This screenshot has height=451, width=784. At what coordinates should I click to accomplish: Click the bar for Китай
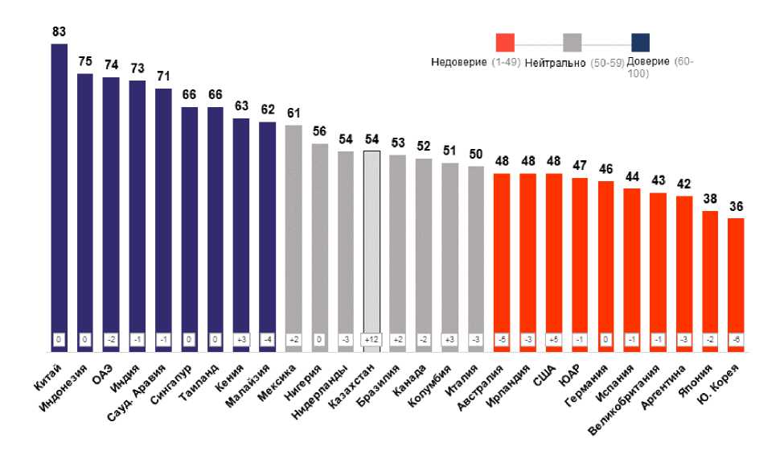[60, 193]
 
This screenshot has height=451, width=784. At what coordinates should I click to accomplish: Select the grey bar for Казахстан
[371, 242]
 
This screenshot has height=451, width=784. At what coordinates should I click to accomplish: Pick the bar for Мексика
[293, 234]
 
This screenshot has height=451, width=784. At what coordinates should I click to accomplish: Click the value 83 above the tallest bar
[60, 32]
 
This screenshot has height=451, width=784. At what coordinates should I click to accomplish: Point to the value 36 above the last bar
[736, 206]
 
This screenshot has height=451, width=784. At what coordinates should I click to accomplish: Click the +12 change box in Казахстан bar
[371, 340]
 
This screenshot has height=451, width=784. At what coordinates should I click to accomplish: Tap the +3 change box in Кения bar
[241, 340]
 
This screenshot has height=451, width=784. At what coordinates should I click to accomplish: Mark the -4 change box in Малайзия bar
[268, 340]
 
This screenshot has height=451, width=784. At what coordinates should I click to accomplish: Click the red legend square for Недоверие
[505, 43]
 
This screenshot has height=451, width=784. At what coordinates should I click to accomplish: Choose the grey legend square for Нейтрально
[573, 43]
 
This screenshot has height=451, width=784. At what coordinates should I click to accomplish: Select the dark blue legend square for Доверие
[641, 43]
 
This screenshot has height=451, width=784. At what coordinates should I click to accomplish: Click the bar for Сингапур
[190, 225]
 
